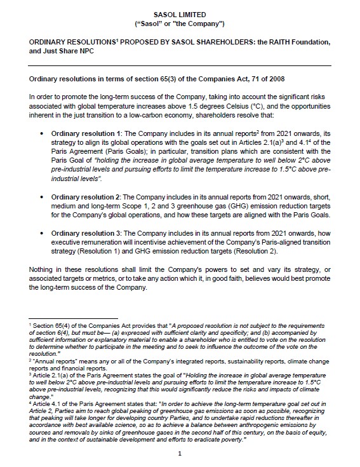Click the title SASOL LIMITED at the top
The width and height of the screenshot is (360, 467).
[x=180, y=12]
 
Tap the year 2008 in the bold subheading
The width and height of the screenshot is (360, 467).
[x=272, y=79]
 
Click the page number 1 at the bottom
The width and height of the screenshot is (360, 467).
[x=180, y=453]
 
